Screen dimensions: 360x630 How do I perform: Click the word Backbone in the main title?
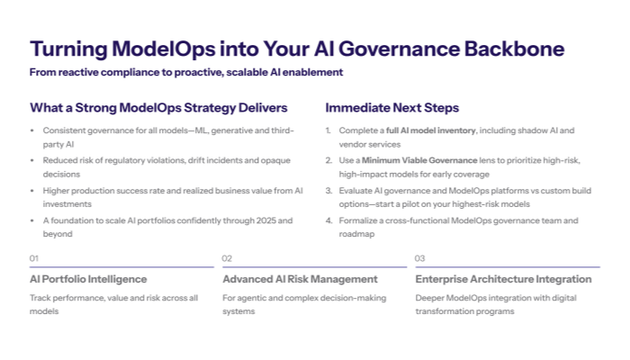[512, 49]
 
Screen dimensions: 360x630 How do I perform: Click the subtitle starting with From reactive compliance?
[186, 72]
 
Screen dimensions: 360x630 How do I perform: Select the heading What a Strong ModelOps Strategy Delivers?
[158, 108]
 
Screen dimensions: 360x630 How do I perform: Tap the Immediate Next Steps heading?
[391, 108]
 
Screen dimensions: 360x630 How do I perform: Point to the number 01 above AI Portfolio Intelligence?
[34, 258]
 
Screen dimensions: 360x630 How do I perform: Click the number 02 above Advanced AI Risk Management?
[228, 258]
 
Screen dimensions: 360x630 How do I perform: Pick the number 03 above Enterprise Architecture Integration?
[420, 258]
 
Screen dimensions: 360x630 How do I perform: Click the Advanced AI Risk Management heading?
[300, 279]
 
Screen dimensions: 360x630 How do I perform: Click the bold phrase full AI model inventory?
[425, 130]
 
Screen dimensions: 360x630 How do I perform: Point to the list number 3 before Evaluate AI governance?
[328, 190]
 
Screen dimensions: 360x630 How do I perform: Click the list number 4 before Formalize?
[328, 220]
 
